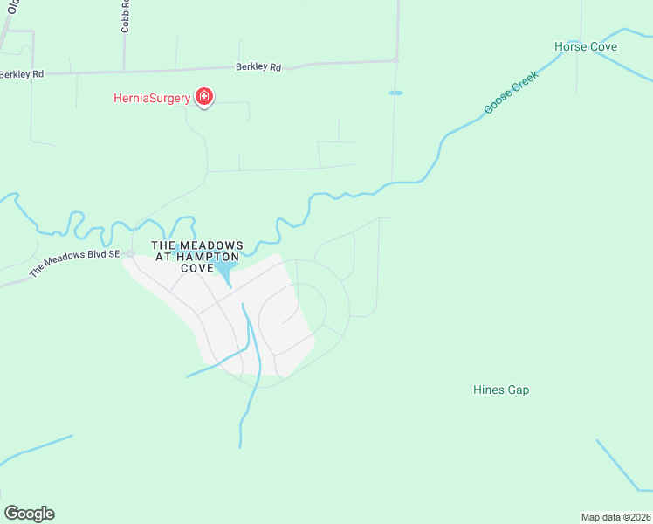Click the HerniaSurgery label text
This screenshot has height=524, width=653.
[x=151, y=98]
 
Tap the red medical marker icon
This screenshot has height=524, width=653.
[x=204, y=96]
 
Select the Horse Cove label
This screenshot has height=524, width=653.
[x=586, y=46]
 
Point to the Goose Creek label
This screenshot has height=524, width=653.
[x=512, y=92]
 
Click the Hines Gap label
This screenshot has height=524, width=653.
[x=501, y=390]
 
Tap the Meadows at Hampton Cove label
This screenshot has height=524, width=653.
[x=197, y=257]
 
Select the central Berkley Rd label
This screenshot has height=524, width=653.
[x=258, y=66]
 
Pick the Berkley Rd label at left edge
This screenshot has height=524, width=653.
[x=21, y=75]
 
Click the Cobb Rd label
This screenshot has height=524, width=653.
[x=126, y=16]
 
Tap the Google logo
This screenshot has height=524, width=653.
[x=29, y=514]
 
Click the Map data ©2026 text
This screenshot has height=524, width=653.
[x=615, y=516]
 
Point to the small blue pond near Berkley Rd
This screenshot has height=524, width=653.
[x=395, y=93]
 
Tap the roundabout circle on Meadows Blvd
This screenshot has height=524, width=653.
[x=130, y=253]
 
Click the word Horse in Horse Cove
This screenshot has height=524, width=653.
[x=570, y=46]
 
